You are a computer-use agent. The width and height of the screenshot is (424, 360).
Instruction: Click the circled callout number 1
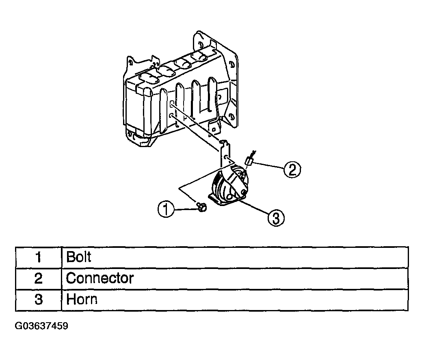pyautogui.click(x=166, y=209)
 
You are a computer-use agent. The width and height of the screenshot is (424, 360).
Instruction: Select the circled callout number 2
pyautogui.click(x=292, y=169)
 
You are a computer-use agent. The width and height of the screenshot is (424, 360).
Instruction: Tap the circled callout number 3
pyautogui.click(x=276, y=218)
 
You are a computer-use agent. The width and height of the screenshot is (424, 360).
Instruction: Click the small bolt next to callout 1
pyautogui.click(x=201, y=207)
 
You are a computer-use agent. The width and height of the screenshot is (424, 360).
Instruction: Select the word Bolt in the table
pyautogui.click(x=79, y=257)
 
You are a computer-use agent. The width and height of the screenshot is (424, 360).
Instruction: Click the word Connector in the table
pyautogui.click(x=100, y=278)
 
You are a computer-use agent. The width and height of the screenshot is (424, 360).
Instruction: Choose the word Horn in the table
pyautogui.click(x=82, y=299)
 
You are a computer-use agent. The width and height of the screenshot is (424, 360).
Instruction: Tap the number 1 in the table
pyautogui.click(x=39, y=257)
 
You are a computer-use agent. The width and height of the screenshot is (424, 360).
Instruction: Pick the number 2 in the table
pyautogui.click(x=39, y=278)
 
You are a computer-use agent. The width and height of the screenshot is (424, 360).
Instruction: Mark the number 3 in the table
pyautogui.click(x=39, y=300)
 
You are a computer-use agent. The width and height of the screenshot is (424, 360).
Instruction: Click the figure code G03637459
pyautogui.click(x=41, y=326)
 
